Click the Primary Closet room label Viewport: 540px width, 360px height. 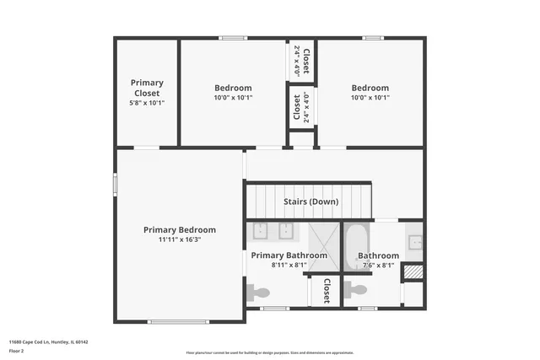pos(146,88)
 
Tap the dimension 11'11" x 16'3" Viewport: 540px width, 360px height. pos(179,239)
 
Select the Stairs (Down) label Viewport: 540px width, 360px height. pos(311,202)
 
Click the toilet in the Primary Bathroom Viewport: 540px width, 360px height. pos(257,293)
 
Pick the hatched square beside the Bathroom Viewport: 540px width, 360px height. pos(412,273)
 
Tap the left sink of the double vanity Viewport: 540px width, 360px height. pos(261,231)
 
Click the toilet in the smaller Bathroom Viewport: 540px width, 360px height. pos(356,290)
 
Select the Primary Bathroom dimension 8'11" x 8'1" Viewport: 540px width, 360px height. pos(289,265)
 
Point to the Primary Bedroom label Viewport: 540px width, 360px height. pos(179,229)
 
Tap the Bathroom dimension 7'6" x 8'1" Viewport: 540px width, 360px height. pos(378,265)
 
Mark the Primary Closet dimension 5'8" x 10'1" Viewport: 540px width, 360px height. pos(146,103)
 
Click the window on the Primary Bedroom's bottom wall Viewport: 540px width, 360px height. pos(178,321)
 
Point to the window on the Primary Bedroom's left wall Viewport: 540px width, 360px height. pos(116,185)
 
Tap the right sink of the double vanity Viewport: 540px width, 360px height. pos(286,231)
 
